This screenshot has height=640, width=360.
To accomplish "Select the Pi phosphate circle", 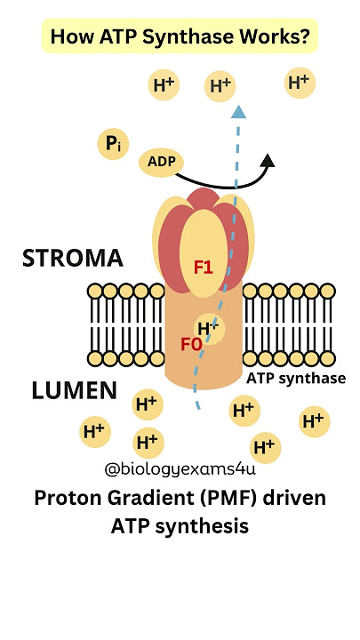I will [x=113, y=143].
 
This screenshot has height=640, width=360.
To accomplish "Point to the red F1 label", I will [x=204, y=266].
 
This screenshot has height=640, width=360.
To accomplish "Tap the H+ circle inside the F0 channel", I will [x=209, y=329].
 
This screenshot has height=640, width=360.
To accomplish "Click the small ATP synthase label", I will [x=296, y=378].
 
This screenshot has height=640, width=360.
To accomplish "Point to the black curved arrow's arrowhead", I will [x=268, y=159].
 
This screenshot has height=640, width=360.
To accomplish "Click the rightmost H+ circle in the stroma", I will [x=299, y=84].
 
